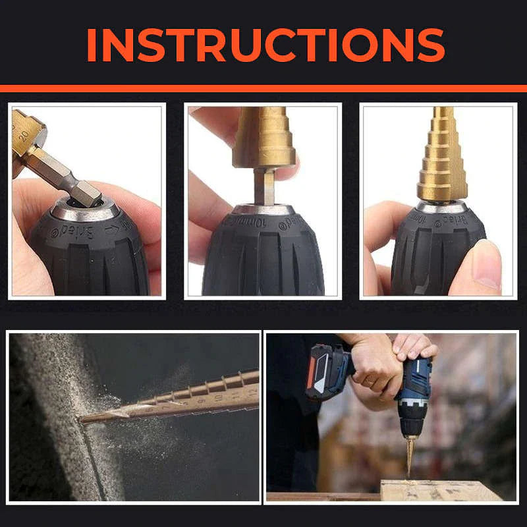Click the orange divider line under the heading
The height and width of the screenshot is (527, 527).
[263, 88]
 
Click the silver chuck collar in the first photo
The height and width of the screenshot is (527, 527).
[86, 209]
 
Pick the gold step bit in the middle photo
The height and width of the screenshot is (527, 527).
[263, 138]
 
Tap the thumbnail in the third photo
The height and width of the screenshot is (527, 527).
[486, 263]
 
